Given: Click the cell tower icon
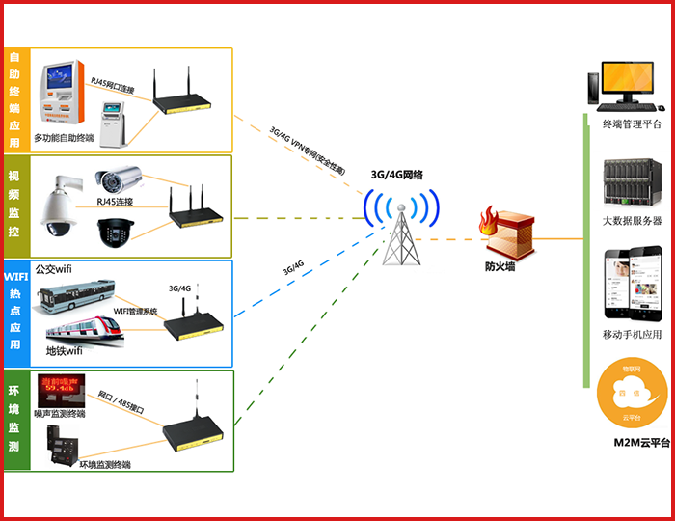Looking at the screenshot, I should [400, 236].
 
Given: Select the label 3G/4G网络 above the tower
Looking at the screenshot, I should [397, 175].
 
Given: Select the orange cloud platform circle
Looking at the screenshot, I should [631, 395].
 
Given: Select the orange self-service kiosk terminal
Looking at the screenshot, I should [64, 96].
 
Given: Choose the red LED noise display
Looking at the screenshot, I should [59, 390].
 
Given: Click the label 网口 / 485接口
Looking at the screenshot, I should [121, 402].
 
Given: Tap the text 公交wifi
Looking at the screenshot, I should [53, 270].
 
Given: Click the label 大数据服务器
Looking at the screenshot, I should [632, 221].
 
